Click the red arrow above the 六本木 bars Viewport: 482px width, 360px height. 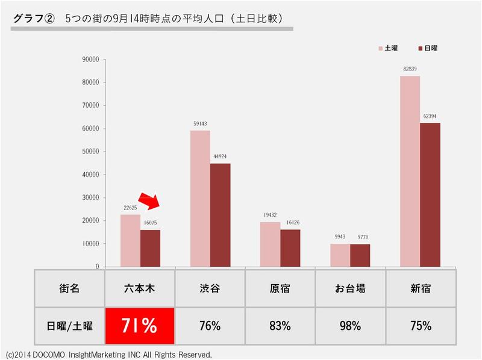click(x=148, y=202)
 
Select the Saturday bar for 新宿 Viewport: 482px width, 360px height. click(x=410, y=171)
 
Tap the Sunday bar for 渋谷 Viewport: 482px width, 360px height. click(x=220, y=215)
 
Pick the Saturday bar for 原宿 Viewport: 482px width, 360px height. click(x=270, y=244)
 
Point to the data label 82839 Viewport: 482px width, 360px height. click(x=410, y=69)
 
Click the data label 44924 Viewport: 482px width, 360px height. click(x=220, y=157)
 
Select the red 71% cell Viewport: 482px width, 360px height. click(x=140, y=326)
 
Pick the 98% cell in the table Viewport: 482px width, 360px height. click(x=350, y=326)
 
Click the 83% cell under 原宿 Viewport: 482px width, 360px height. click(x=280, y=326)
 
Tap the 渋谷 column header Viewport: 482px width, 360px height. click(x=210, y=288)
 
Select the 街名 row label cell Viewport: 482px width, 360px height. click(x=69, y=288)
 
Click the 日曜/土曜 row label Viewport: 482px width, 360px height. click(x=69, y=326)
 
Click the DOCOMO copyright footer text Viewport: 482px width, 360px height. click(x=108, y=355)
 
